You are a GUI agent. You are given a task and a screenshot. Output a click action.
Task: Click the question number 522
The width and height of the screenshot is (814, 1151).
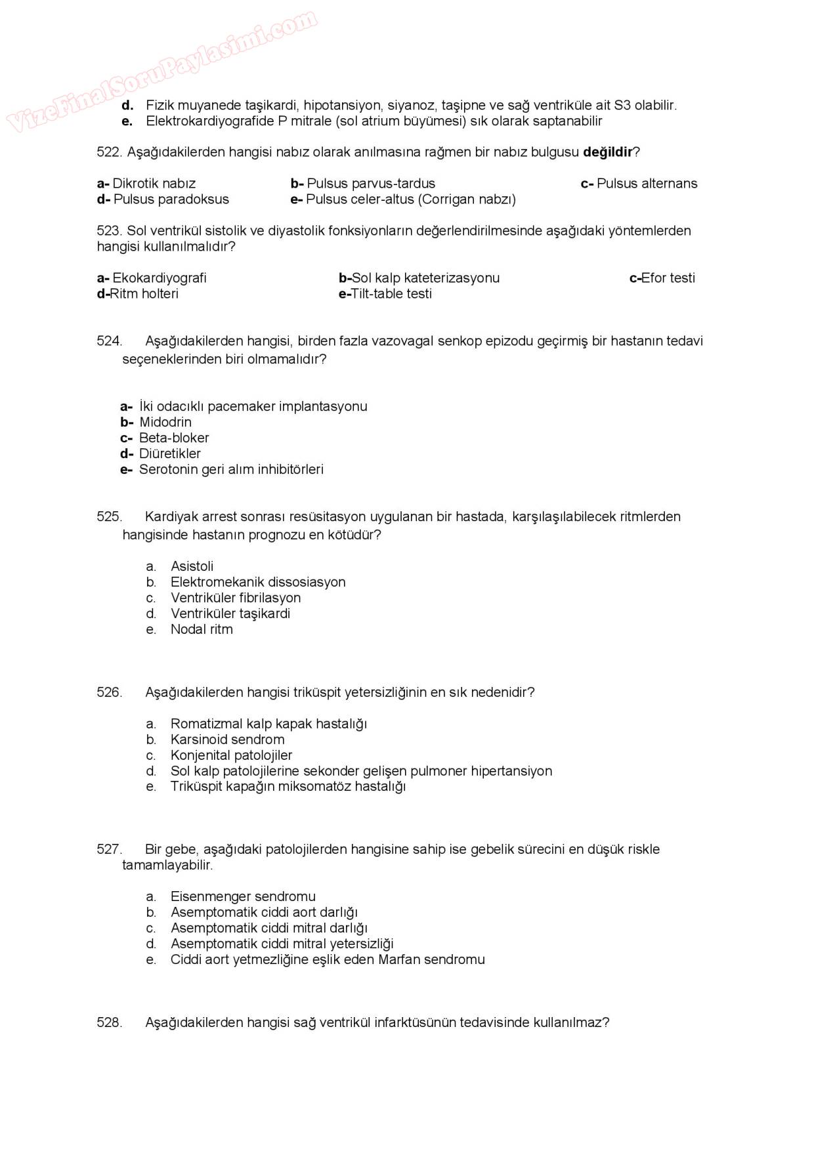click(109, 152)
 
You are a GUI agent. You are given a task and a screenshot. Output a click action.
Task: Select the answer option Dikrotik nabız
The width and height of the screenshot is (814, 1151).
click(154, 184)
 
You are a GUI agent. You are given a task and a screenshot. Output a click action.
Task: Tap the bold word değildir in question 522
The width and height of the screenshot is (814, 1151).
click(607, 152)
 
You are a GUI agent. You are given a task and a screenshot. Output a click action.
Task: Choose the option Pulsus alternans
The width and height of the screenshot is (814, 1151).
click(647, 184)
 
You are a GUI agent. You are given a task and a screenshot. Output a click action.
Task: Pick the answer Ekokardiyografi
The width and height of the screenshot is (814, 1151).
click(159, 278)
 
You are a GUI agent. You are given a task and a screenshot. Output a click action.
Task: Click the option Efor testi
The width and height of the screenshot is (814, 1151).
click(668, 278)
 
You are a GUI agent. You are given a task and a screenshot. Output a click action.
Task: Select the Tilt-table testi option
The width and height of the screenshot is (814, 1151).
click(391, 294)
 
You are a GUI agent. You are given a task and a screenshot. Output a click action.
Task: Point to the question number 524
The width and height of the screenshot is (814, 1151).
click(109, 341)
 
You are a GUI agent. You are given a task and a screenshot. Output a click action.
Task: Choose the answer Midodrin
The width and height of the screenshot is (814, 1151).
click(165, 423)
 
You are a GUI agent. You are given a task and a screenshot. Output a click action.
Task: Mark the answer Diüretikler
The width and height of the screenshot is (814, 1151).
click(170, 454)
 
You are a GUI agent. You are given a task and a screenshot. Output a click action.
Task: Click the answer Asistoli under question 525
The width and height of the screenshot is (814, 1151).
click(192, 566)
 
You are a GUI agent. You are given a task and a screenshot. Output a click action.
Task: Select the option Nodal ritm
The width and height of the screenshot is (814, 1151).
click(202, 629)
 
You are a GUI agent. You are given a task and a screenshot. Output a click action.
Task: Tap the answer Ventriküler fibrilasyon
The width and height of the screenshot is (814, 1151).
click(236, 598)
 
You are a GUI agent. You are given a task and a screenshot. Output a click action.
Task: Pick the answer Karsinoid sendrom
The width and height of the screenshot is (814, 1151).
click(227, 740)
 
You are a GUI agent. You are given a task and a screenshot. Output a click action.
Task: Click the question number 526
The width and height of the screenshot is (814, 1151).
click(109, 692)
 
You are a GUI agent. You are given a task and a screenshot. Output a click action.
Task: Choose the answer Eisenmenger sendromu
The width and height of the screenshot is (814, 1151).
click(243, 896)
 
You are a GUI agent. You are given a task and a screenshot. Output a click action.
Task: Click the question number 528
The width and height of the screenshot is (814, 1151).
click(109, 1022)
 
